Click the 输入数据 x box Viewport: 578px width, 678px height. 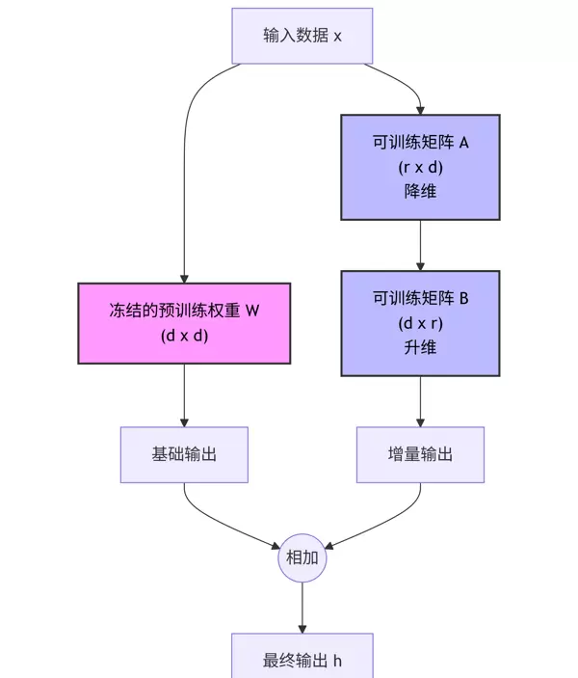pyautogui.click(x=302, y=36)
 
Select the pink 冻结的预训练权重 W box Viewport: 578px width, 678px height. pyautogui.click(x=184, y=323)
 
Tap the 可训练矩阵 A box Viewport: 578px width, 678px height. pyautogui.click(x=420, y=167)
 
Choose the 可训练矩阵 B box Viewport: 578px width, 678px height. pyautogui.click(x=420, y=323)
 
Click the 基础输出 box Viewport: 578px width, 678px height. pyautogui.click(x=184, y=454)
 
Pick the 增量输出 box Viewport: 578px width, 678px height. pyautogui.click(x=420, y=454)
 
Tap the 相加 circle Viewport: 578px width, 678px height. pyautogui.click(x=302, y=558)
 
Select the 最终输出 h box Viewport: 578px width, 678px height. pyautogui.click(x=302, y=660)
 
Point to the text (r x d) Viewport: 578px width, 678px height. pyautogui.click(x=420, y=167)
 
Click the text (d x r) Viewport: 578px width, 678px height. pyautogui.click(x=420, y=323)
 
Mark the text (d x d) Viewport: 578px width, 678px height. pyautogui.click(x=184, y=336)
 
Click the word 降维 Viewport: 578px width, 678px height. pyautogui.click(x=420, y=191)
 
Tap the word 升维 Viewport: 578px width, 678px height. pyautogui.click(x=420, y=347)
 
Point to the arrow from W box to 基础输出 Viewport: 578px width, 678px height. pyautogui.click(x=184, y=395)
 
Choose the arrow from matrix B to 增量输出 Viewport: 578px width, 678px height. pyautogui.click(x=420, y=400)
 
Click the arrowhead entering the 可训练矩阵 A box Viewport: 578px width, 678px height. pyautogui.click(x=420, y=109)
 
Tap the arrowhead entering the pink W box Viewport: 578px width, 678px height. pyautogui.click(x=184, y=277)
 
